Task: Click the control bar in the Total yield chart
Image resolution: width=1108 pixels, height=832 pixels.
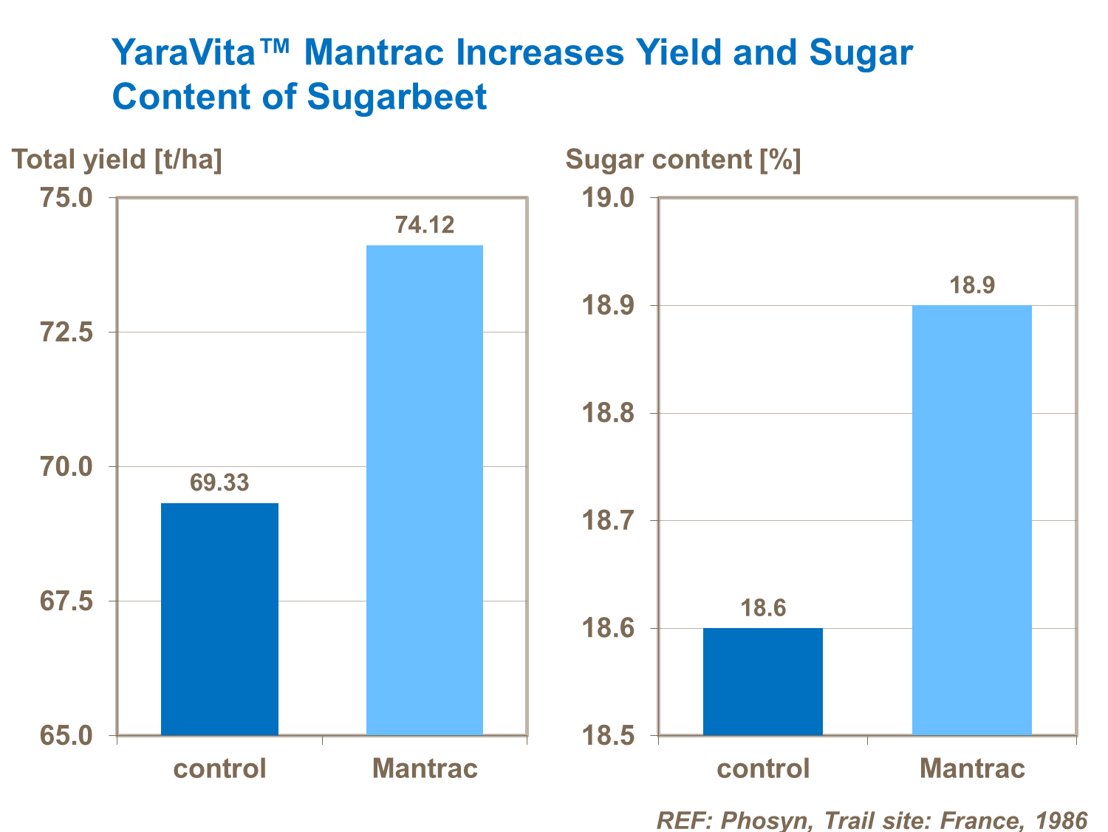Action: point(219,619)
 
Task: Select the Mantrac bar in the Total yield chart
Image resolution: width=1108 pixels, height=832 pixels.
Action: point(425,490)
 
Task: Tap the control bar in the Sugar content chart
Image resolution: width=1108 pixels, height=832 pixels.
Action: point(762,681)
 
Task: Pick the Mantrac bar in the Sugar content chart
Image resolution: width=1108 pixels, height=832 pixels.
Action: point(971,520)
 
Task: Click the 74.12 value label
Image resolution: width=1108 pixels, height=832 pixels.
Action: point(425,225)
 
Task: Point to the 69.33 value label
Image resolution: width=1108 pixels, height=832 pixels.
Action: point(219,483)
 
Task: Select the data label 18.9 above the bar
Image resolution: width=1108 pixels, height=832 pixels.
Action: point(972,285)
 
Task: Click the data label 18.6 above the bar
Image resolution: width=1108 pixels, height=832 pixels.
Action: point(763,608)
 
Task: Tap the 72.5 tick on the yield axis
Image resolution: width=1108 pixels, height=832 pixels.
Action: point(66,333)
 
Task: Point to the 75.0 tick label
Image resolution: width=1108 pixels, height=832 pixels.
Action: point(66,198)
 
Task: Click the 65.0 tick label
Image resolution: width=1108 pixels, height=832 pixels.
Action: point(66,736)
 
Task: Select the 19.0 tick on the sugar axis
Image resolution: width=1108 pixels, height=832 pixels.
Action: point(608,198)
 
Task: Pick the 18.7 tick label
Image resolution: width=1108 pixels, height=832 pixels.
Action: point(608,521)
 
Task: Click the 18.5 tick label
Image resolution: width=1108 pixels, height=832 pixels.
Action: point(608,736)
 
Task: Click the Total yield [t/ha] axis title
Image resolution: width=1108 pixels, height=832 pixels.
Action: point(117,160)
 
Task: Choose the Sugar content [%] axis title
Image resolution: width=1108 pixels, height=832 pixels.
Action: point(683,160)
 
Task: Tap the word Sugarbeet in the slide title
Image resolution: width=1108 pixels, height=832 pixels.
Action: point(397,97)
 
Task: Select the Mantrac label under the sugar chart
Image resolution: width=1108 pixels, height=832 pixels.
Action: point(972,768)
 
